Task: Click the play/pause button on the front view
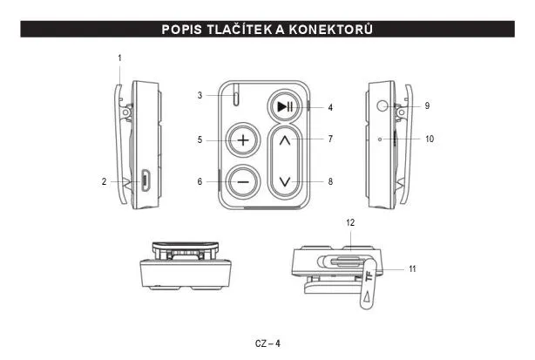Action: (284, 107)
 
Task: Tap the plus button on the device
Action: (243, 140)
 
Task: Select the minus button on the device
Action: (243, 182)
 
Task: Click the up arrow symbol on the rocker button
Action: (285, 140)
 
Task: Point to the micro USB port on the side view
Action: (146, 180)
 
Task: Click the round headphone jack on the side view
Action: (383, 105)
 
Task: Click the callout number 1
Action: (119, 58)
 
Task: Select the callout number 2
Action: (104, 181)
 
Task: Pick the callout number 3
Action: (200, 95)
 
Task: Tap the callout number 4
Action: (330, 107)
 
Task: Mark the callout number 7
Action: (330, 139)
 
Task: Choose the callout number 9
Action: (427, 105)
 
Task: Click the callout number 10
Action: (430, 139)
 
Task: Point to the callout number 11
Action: (412, 268)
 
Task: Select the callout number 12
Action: (350, 222)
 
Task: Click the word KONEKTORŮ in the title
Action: (331, 30)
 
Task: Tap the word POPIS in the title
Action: (182, 30)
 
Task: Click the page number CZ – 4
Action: (267, 343)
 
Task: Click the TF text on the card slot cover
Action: (369, 275)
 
